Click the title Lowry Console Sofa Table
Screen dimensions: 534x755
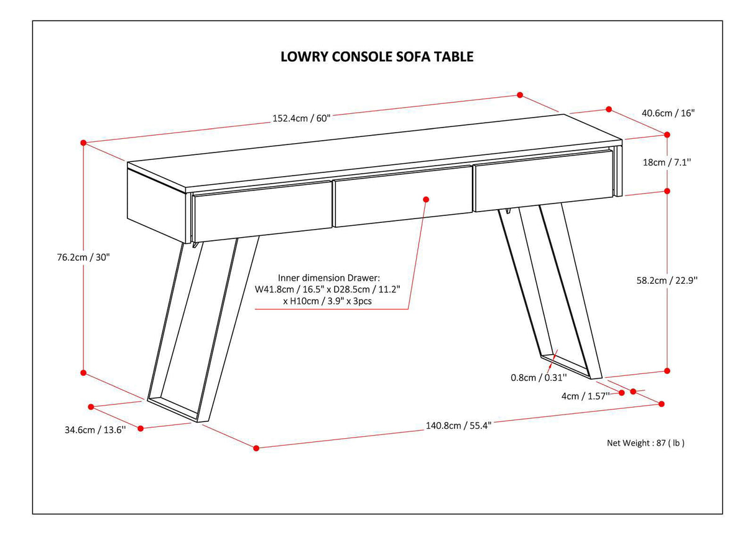[377, 57]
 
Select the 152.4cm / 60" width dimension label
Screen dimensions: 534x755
[300, 119]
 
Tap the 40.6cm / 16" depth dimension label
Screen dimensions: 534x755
[668, 113]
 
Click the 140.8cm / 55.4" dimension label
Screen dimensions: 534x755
[458, 426]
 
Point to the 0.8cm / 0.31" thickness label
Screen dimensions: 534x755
[539, 377]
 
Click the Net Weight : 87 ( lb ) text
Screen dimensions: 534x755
[646, 443]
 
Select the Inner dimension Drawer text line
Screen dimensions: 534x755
[328, 278]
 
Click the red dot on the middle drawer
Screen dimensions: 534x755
[426, 199]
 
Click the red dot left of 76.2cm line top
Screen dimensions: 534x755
[83, 143]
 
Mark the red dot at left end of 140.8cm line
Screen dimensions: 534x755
[256, 447]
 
